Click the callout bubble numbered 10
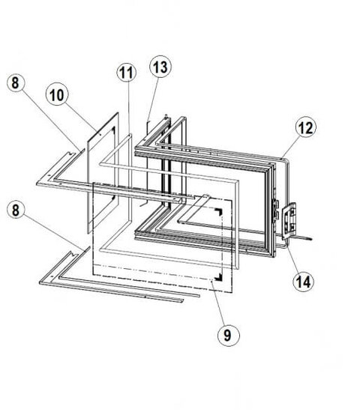(x=57, y=94)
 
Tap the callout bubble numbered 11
(x=127, y=72)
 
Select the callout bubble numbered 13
(x=160, y=67)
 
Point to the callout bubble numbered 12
(x=306, y=127)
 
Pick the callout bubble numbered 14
(x=304, y=281)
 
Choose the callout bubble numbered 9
(x=228, y=335)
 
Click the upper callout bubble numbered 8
(x=16, y=82)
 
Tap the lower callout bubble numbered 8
(x=16, y=210)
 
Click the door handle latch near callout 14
(x=289, y=221)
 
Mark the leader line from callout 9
(x=218, y=303)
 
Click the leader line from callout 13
(x=152, y=99)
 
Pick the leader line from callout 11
(x=129, y=108)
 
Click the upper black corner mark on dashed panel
(x=219, y=212)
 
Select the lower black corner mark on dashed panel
(x=219, y=277)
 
